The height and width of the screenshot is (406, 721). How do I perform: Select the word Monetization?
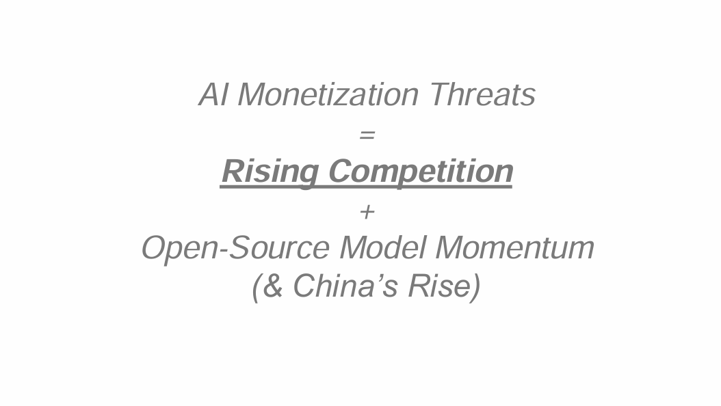coord(328,94)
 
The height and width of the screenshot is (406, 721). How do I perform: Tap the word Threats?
coord(482,94)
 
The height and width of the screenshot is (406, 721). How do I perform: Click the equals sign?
coord(367,135)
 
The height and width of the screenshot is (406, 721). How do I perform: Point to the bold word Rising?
coord(270,172)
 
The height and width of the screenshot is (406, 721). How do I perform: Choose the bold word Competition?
coord(421,172)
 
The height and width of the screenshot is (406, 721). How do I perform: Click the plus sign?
coord(367,212)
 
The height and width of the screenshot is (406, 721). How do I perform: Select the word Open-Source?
coord(235,248)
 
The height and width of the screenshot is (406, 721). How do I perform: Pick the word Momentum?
coord(515,247)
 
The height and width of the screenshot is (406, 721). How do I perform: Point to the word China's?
coord(345,286)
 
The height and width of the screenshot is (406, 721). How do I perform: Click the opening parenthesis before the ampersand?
coord(257,288)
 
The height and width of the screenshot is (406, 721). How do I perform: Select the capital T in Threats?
coord(442,94)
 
